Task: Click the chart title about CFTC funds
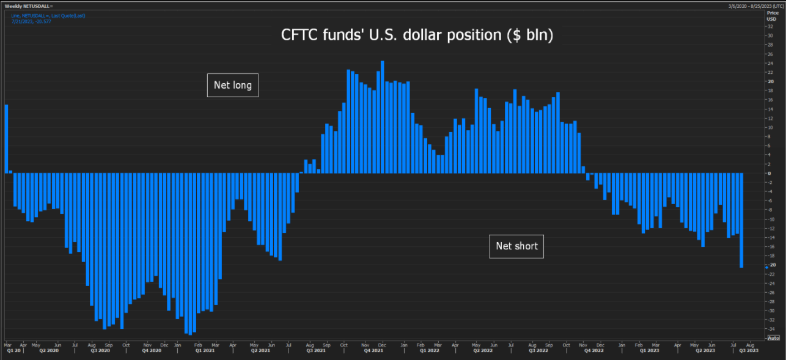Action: (417, 35)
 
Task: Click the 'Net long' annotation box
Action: (232, 85)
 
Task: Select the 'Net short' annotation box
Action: (516, 246)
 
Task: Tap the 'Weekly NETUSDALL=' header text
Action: (29, 6)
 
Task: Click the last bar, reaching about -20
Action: (741, 220)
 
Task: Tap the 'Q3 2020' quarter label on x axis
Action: (100, 351)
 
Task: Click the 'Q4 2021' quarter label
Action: (372, 351)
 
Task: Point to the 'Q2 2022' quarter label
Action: (483, 351)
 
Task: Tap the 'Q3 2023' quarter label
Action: (750, 351)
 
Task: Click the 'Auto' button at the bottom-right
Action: (773, 338)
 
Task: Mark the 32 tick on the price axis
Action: (770, 26)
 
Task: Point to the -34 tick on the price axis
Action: (770, 329)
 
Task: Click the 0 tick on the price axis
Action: (769, 173)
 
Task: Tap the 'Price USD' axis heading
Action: (771, 15)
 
